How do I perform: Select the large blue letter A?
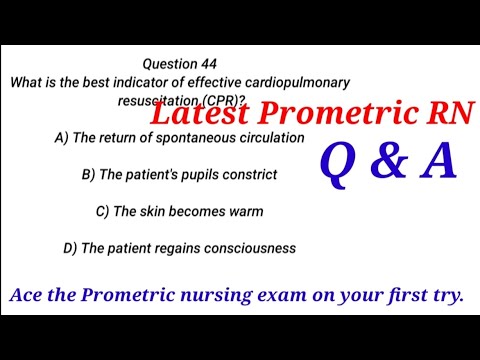coord(437,162)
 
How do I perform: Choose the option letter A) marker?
coord(61,138)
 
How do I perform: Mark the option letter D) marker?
coord(69,247)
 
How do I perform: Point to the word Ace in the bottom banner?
coord(26,296)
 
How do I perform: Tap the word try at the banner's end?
coord(453,297)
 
